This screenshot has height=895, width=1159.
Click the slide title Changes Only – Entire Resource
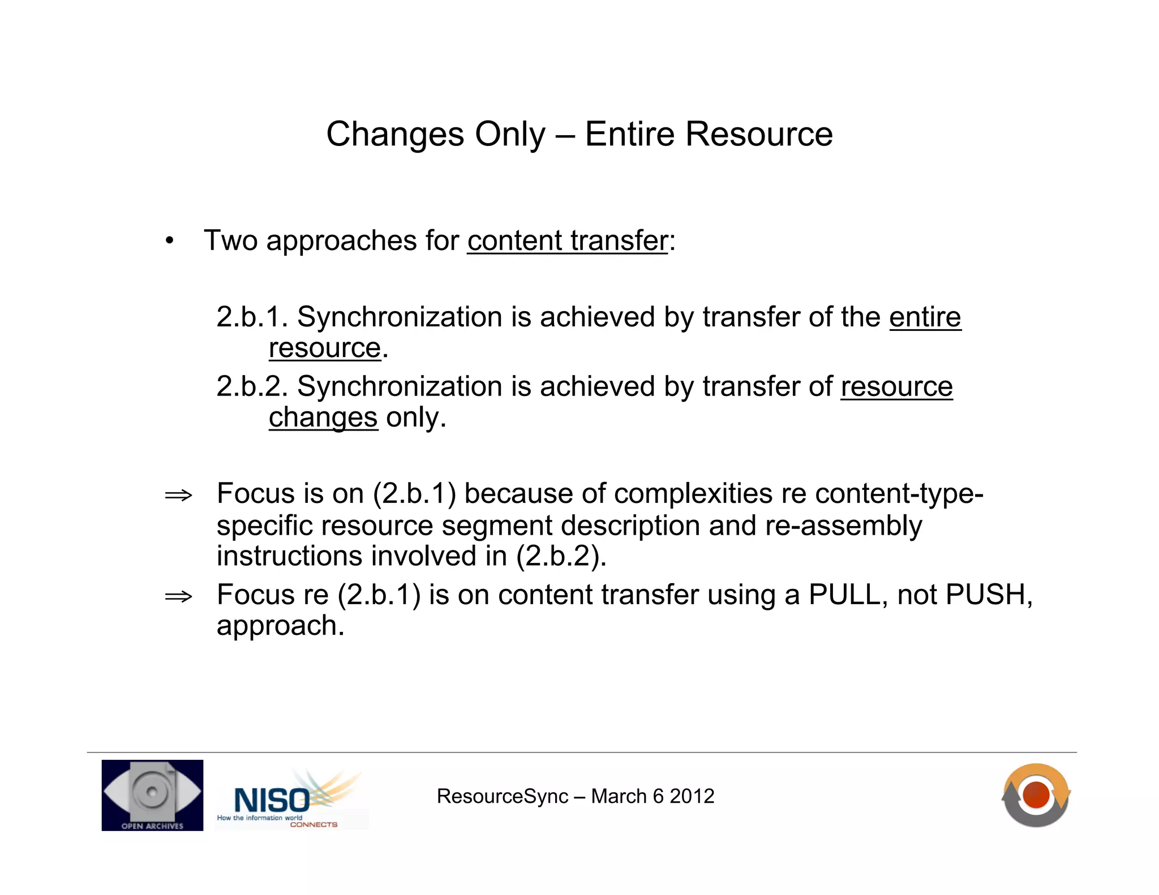pos(579,134)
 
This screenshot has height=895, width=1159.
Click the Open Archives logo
pos(152,795)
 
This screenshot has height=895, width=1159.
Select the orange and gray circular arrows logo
pos(1036,795)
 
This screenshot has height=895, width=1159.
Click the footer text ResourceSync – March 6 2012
pos(576,796)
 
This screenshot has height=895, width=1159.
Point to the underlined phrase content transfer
pos(568,240)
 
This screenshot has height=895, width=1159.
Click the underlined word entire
pos(925,317)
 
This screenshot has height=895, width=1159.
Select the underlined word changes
pos(323,418)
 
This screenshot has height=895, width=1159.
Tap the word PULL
pos(844,595)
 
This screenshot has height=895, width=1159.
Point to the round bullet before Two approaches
pos(169,241)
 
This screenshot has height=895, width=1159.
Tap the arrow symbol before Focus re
pos(178,596)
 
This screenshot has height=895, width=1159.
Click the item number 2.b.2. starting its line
pos(252,386)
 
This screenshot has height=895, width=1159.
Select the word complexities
pos(693,493)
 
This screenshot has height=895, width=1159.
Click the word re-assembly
pos(843,526)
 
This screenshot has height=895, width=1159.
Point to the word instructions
pos(290,556)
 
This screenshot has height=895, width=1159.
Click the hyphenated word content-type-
pos(899,493)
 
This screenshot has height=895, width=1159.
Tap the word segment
pos(496,526)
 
